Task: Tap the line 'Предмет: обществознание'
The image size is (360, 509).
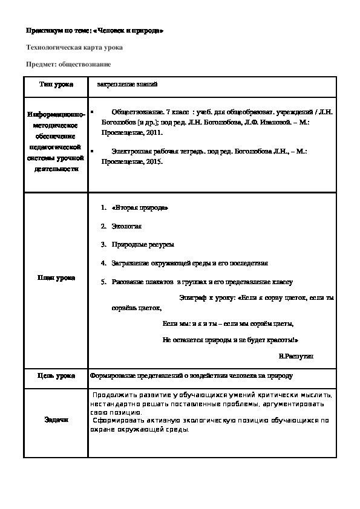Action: pos(68,64)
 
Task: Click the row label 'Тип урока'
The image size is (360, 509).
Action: pos(56,85)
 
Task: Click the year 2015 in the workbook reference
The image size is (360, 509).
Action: pos(151,163)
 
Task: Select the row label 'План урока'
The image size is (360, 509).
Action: pos(56,277)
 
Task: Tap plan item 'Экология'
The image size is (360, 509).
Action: pos(126,226)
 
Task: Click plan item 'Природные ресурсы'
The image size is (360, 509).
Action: pos(143,244)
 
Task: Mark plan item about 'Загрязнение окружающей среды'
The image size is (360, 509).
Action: pos(189,263)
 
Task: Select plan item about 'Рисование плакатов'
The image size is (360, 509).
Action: pos(202,282)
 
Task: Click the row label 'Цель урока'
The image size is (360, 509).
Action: pos(56,376)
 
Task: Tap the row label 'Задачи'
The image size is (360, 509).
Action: pos(56,420)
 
